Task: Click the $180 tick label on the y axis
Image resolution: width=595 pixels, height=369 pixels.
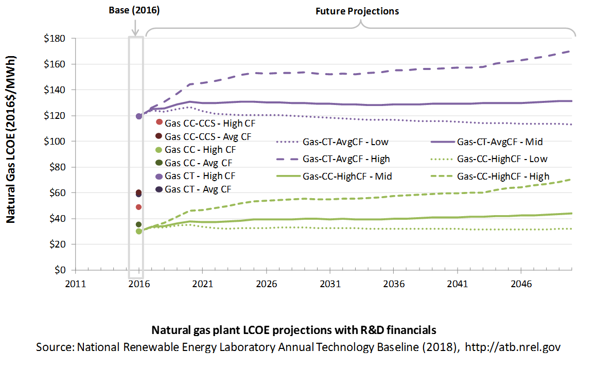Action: (55, 38)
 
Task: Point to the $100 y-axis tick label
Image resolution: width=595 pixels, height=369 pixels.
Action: (55, 142)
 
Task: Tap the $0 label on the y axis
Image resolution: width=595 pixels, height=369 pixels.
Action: (60, 270)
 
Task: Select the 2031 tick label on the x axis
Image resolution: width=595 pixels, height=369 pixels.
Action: (330, 284)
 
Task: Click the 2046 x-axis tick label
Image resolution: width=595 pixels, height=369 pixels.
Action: (521, 284)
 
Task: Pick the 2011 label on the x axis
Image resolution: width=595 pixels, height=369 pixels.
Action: (76, 284)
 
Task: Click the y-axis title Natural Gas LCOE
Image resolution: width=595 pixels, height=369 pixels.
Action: (11, 139)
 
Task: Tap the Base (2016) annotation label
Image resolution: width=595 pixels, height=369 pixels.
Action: (134, 10)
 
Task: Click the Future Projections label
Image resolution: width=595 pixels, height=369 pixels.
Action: (357, 11)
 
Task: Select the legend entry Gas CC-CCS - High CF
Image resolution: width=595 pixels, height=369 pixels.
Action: (206, 123)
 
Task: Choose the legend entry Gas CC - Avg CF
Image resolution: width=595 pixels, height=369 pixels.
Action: (194, 163)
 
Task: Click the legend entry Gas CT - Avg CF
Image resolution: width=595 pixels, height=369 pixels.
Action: (194, 189)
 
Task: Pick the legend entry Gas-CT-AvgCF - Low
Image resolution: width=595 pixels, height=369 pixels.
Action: (332, 142)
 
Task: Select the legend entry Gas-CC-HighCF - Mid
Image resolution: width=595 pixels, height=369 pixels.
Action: (335, 177)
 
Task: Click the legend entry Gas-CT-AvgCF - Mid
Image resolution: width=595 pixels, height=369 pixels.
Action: (487, 142)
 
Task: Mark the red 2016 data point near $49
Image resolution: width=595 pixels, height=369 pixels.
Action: (138, 207)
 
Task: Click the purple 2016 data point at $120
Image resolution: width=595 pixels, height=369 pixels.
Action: (139, 116)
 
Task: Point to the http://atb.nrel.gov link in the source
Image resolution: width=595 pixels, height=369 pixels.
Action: (513, 347)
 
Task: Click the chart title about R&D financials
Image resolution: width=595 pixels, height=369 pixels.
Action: (294, 330)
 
